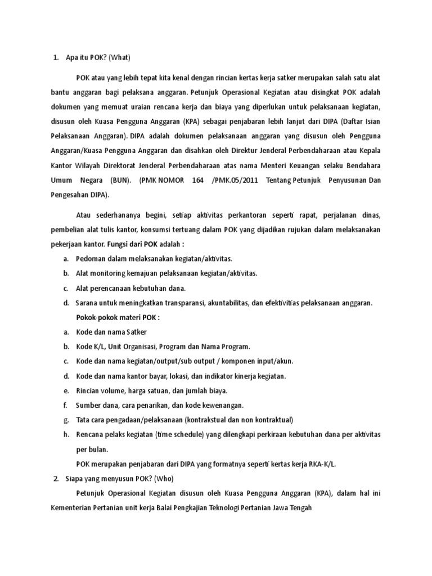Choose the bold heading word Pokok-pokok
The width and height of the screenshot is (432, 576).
pos(98,317)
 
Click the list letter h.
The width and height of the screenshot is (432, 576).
pos(66,434)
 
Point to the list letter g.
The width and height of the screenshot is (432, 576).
pos(66,420)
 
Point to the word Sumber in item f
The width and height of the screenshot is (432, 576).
pos(88,405)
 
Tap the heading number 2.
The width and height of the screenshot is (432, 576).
pos(56,478)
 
